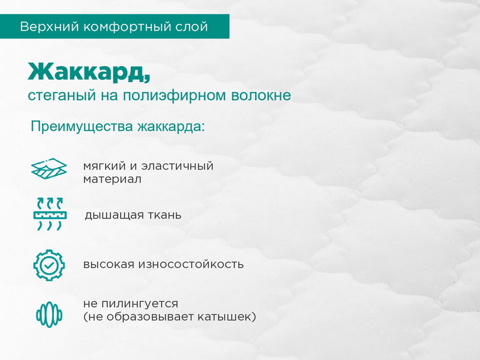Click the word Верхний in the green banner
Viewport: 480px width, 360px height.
click(x=50, y=27)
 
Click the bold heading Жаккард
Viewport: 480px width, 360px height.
click(x=89, y=72)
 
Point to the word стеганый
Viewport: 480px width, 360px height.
click(x=62, y=95)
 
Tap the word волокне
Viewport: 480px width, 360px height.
click(x=261, y=95)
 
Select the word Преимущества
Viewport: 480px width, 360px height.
click(x=82, y=127)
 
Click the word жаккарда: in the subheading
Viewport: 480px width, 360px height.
click(x=171, y=127)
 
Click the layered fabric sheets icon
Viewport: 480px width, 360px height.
click(x=49, y=169)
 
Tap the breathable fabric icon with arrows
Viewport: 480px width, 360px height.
click(x=50, y=214)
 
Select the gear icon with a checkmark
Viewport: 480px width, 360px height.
click(x=49, y=265)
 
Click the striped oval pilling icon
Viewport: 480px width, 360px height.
click(x=49, y=314)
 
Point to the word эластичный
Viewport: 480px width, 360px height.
click(x=178, y=166)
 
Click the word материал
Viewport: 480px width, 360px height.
click(x=112, y=179)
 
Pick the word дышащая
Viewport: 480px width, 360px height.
click(x=114, y=215)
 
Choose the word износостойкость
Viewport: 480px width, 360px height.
click(x=191, y=264)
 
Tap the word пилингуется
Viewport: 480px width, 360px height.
click(x=140, y=304)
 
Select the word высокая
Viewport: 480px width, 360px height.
click(x=109, y=264)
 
